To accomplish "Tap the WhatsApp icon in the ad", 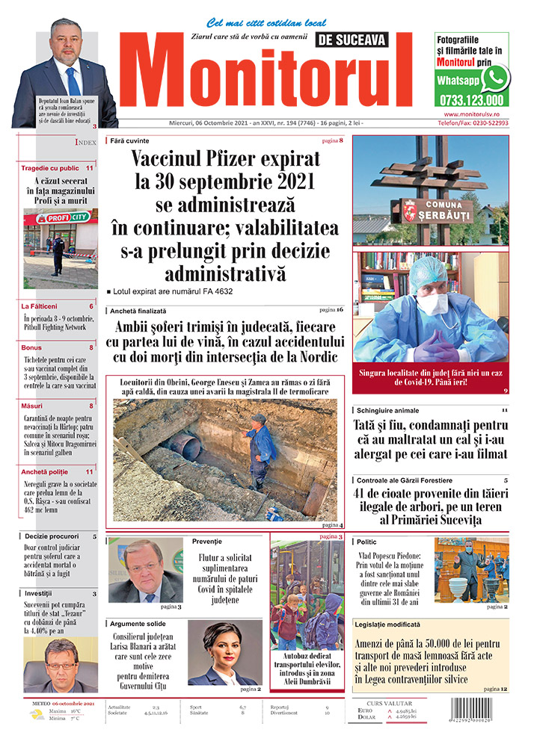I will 494,78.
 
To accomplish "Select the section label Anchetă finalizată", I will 138,310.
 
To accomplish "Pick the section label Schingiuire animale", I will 388,411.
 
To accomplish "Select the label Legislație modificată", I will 388,624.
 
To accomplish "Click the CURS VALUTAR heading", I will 392,703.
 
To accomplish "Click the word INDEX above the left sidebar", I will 85,141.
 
